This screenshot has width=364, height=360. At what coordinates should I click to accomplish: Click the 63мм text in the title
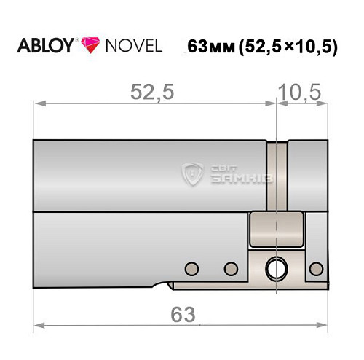(x=211, y=47)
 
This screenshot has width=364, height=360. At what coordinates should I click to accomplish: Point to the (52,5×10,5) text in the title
(x=287, y=47)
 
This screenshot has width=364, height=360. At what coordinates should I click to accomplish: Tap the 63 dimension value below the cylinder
(x=183, y=314)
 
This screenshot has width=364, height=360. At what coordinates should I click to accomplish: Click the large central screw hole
(x=276, y=268)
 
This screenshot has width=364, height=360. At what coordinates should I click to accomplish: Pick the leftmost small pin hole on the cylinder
(x=192, y=268)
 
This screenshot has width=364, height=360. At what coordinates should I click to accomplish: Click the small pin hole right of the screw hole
(x=314, y=268)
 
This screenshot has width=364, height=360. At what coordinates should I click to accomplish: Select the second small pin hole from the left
(x=232, y=268)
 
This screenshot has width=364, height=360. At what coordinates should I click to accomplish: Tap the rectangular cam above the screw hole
(x=276, y=230)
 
